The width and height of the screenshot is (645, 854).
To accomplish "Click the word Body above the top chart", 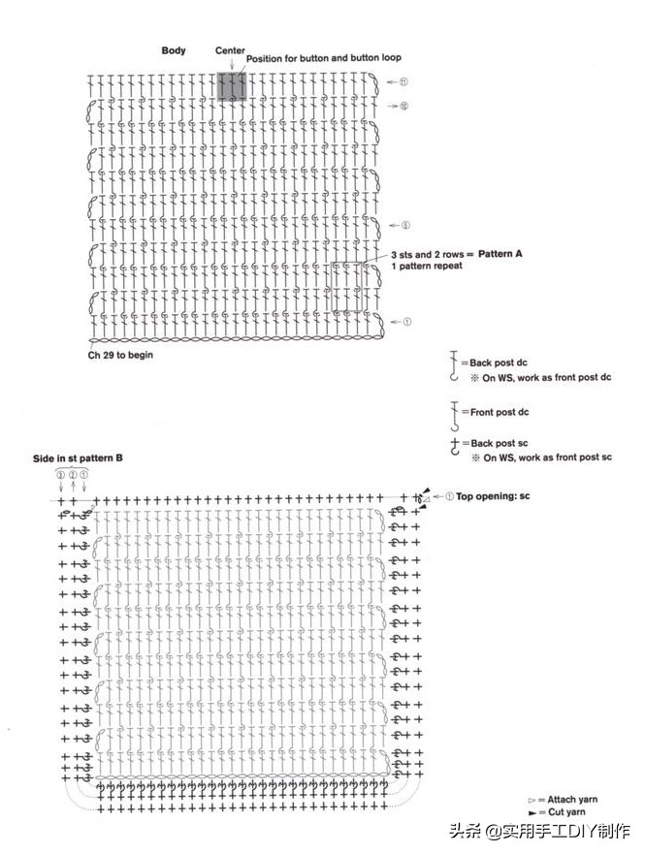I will (174, 49).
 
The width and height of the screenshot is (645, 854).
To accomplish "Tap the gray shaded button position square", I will (231, 86).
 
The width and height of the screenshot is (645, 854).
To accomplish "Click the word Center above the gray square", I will (230, 50).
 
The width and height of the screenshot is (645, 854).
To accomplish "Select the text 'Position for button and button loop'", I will (324, 59).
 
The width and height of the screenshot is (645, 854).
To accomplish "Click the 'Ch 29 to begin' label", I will (120, 355).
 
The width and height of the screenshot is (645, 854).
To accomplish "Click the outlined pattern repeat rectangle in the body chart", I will (346, 287).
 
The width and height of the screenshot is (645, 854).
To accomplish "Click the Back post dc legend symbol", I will (453, 364).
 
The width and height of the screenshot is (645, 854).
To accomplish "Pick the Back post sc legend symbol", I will (453, 445).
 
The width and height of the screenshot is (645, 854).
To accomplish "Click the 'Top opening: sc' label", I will (494, 496).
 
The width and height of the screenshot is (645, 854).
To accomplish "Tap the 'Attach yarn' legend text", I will (567, 799).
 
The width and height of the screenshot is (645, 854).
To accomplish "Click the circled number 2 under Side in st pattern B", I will (73, 475).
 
